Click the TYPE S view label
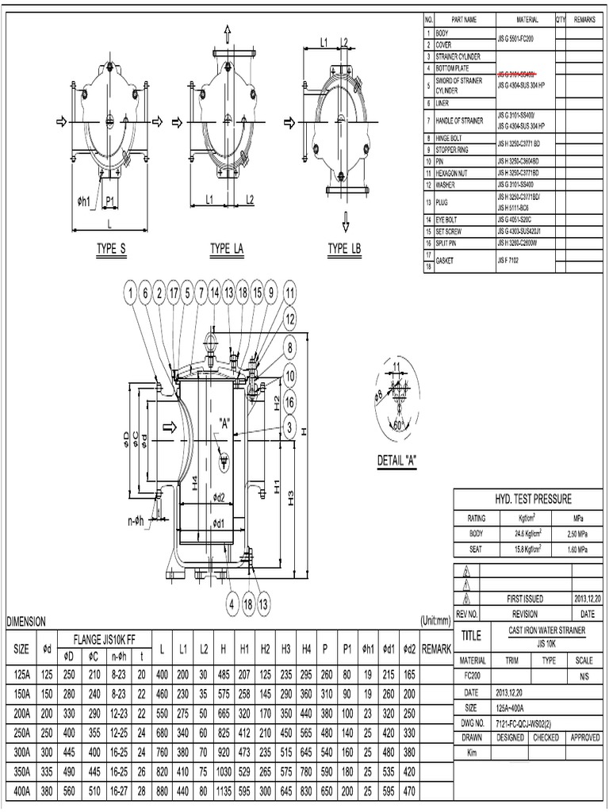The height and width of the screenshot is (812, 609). tap(112, 249)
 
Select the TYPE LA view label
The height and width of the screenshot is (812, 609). tap(227, 249)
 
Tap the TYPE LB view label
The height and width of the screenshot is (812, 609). tap(344, 249)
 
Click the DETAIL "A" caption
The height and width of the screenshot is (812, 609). tap(398, 461)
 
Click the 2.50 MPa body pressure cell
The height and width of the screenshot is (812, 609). tap(577, 533)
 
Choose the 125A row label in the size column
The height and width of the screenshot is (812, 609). tap(22, 674)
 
